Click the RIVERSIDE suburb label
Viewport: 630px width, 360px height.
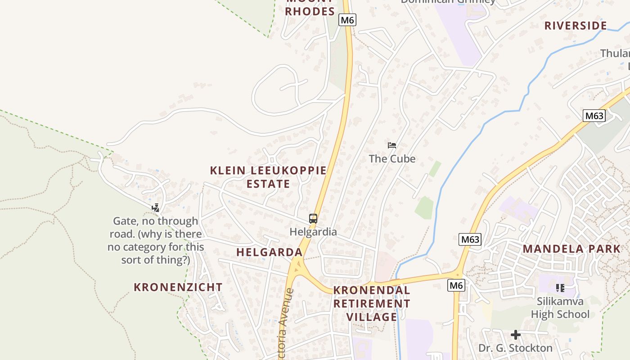click(x=576, y=26)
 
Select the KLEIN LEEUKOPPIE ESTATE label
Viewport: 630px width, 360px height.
click(x=268, y=177)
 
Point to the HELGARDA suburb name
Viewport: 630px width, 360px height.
click(x=269, y=252)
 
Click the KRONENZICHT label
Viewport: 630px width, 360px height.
click(x=178, y=287)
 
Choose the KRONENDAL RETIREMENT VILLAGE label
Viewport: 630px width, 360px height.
click(x=372, y=304)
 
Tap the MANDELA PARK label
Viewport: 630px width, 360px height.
click(x=571, y=249)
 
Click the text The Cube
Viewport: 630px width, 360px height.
click(x=392, y=159)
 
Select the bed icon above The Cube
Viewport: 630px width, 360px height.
click(x=392, y=145)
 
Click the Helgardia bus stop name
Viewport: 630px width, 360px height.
click(x=313, y=232)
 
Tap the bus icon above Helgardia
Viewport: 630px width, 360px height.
click(x=313, y=219)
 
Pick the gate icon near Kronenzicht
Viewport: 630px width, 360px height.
click(x=155, y=207)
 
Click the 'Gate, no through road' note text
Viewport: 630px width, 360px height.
click(x=155, y=241)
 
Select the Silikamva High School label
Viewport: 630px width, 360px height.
click(x=560, y=308)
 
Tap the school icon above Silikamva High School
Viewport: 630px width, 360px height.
click(x=560, y=288)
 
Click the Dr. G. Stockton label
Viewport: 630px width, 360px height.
click(x=515, y=348)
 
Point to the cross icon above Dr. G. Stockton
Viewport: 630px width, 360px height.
click(x=516, y=335)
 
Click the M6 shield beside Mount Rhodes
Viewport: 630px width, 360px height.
click(x=347, y=20)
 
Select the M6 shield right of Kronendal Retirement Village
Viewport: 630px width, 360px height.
click(x=456, y=285)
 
